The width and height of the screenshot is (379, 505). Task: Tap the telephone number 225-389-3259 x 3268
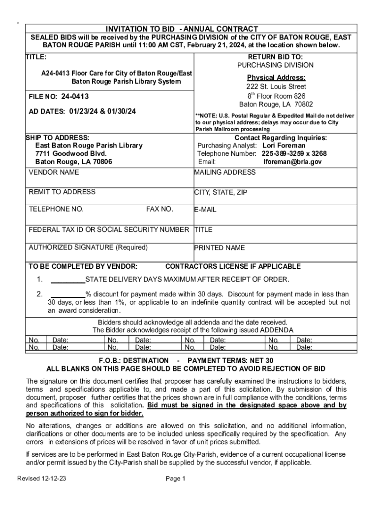point(294,153)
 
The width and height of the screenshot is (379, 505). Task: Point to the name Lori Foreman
point(284,145)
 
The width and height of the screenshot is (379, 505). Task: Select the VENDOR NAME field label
point(54,172)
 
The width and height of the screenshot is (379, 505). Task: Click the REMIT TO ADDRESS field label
point(62,192)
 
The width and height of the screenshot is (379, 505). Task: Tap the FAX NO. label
point(159,209)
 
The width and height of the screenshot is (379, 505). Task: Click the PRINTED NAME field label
point(219,248)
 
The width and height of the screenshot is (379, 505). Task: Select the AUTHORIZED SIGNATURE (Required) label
point(88,247)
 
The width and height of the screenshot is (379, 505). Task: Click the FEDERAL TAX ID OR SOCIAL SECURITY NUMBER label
point(109,229)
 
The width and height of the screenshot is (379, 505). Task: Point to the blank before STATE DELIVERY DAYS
point(68,280)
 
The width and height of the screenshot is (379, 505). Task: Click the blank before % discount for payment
point(68,294)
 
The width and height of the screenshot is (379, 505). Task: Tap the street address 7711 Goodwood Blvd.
point(71,153)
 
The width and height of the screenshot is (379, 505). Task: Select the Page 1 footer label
point(175,478)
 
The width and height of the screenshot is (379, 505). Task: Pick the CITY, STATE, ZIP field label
point(221,192)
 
